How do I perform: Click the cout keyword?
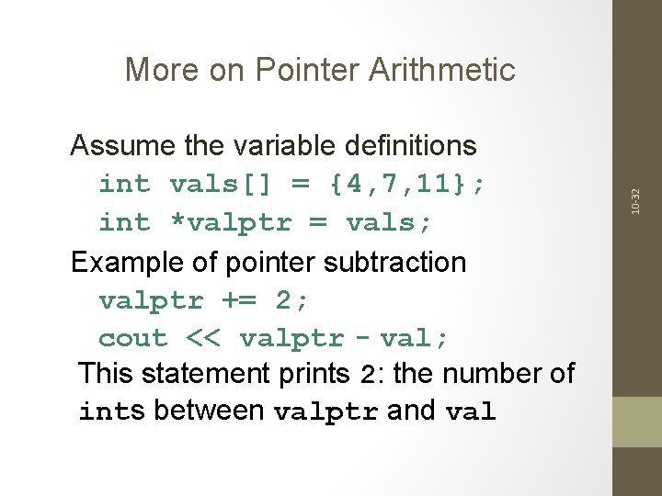coord(133,339)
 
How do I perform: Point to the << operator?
coord(203,339)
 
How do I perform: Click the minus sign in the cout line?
coord(361,339)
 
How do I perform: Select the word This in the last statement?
coord(107,374)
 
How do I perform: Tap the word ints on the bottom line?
coord(112,411)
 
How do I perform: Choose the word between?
coord(210,411)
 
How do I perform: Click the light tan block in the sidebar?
coord(637,422)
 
